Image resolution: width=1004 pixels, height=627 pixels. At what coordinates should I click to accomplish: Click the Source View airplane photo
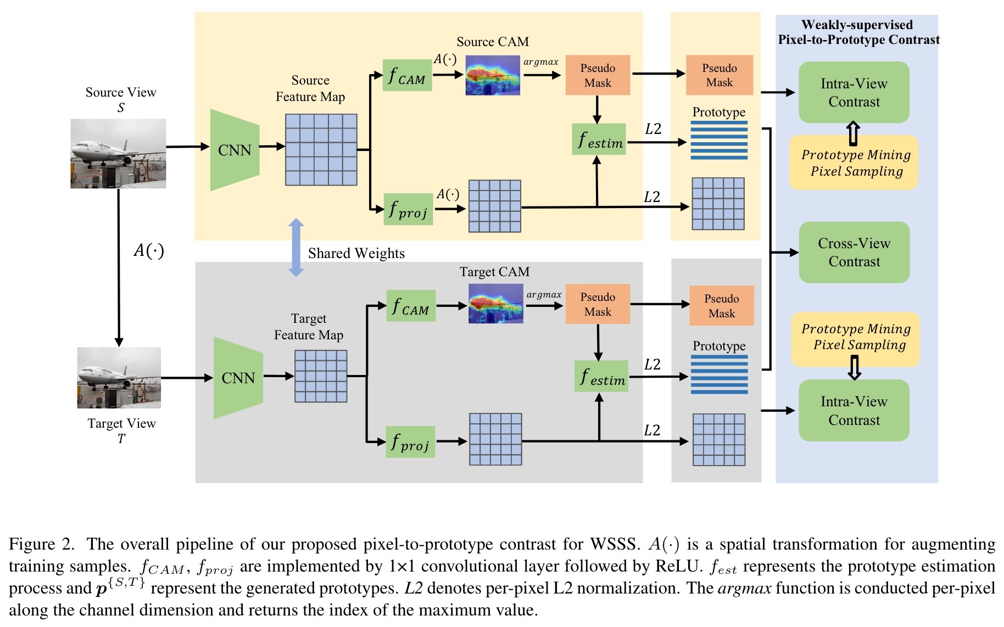[118, 154]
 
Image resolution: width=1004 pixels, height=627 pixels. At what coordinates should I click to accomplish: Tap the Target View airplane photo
[119, 378]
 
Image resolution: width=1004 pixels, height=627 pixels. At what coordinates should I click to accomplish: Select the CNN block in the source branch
[235, 150]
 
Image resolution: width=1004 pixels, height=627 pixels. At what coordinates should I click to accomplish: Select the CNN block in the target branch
[238, 378]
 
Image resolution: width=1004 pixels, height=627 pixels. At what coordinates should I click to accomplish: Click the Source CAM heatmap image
[493, 75]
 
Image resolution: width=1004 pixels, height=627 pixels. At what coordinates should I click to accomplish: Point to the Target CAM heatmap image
[495, 304]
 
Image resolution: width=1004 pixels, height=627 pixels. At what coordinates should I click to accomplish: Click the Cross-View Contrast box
[854, 253]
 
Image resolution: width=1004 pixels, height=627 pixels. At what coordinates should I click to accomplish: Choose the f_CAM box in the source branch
[407, 75]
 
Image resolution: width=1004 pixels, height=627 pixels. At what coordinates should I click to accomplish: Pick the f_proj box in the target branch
[410, 442]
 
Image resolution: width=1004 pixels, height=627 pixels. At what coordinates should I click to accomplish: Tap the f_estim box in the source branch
[599, 139]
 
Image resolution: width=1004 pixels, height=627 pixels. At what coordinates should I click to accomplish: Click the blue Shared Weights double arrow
[296, 247]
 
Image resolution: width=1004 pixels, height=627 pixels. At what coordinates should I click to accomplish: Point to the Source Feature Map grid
[321, 149]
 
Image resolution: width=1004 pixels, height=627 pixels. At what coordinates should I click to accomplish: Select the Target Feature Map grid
[321, 376]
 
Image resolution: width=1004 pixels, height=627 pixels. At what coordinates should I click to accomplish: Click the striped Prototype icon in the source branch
[719, 141]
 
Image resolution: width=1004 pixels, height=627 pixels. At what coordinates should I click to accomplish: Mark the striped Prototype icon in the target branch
[719, 374]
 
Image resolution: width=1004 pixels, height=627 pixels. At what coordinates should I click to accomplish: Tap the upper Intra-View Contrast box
[854, 92]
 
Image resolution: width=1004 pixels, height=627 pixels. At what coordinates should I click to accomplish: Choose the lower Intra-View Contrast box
[854, 411]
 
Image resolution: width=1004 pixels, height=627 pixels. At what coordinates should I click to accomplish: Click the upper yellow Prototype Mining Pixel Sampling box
[854, 163]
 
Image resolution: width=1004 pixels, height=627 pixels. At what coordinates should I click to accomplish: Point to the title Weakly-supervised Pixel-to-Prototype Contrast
[858, 32]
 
